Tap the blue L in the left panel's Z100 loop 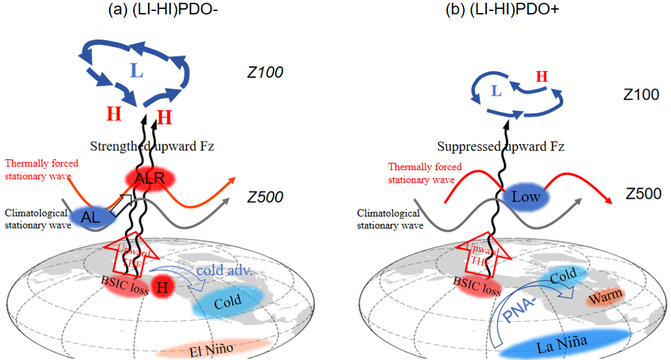(137, 71)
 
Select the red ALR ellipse (149, 179)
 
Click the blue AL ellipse (94, 217)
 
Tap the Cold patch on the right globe (564, 275)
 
